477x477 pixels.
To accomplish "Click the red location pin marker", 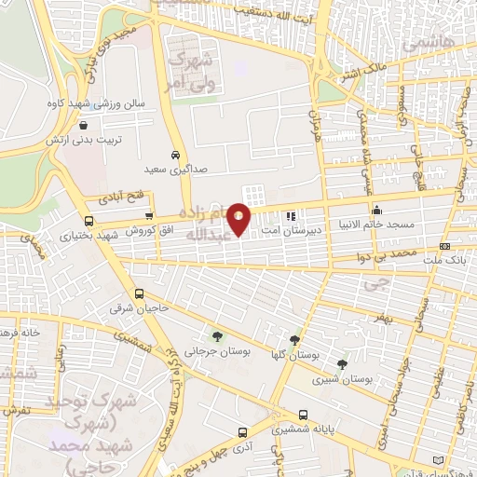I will [239, 218].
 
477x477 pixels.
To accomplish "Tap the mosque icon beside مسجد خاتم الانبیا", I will [376, 211].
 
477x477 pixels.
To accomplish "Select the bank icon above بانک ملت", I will [444, 247].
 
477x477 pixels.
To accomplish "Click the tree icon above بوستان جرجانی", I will [217, 337].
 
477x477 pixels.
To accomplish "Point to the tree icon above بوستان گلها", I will [295, 340].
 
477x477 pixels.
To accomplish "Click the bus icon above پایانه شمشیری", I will [303, 416].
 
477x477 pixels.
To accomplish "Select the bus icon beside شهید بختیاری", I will [89, 222].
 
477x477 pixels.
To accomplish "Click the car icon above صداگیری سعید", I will [175, 156].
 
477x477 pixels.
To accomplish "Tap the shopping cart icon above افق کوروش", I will [148, 216].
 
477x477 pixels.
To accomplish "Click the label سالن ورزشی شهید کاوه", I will [93, 105].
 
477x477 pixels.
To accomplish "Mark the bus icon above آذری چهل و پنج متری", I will [243, 432].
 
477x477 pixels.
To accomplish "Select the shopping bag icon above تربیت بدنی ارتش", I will [84, 124].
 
